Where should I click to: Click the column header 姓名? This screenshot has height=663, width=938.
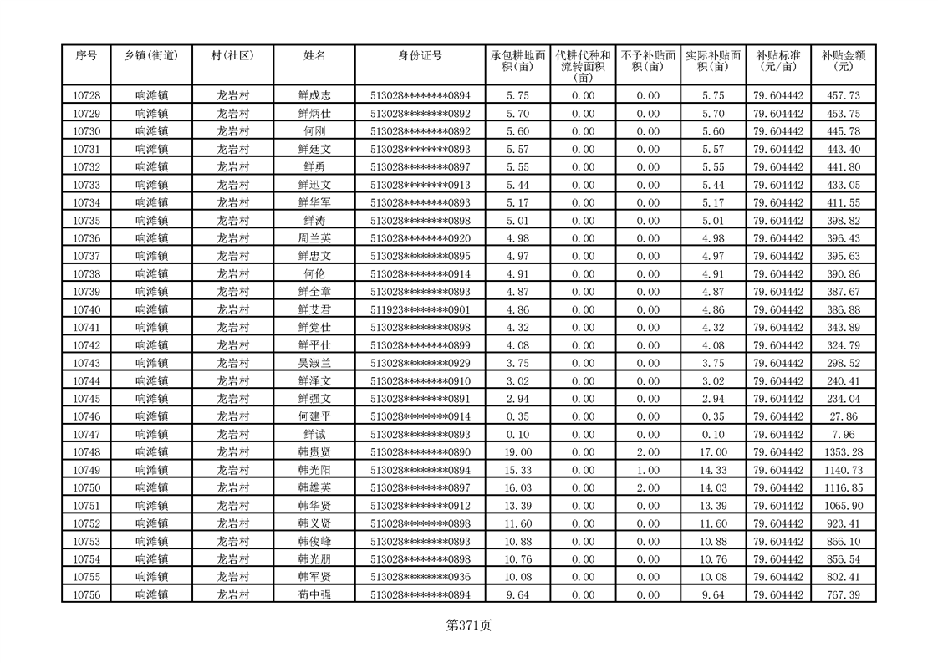pos(314,56)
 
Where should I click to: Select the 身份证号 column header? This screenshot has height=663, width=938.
pos(420,56)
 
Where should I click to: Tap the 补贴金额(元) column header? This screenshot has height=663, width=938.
pos(843,61)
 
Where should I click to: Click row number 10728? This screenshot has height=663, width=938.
pos(87,96)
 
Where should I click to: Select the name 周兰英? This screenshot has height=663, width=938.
pos(314,238)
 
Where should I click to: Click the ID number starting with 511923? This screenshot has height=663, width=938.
pos(420,309)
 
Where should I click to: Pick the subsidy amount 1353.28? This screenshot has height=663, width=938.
pos(843,452)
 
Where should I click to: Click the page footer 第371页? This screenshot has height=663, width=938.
pos(469,625)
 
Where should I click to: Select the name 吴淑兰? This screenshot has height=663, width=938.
pos(314,363)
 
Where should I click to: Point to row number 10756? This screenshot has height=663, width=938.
pos(87,594)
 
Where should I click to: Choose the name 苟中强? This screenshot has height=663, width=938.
pos(314,594)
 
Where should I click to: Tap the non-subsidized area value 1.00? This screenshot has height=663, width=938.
pos(647,470)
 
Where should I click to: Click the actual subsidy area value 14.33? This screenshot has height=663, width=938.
pos(712,470)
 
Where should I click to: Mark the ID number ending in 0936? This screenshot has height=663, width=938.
pos(420,577)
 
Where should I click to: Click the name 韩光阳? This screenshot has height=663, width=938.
pos(314,470)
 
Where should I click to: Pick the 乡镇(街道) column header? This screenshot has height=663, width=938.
pos(151,56)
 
